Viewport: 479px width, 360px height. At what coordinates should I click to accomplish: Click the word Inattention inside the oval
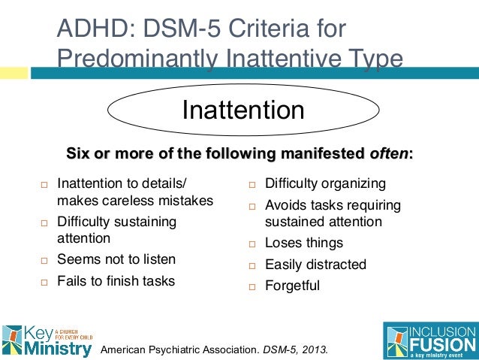(243, 110)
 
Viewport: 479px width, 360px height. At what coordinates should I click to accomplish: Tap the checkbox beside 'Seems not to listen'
(44, 261)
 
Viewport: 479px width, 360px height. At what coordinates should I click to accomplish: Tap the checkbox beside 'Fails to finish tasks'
(44, 283)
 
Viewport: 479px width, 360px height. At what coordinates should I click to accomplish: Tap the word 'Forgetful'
(292, 286)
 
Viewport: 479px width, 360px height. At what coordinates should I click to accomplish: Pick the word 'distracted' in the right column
(336, 265)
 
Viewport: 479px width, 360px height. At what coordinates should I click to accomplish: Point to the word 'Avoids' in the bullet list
(285, 205)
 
